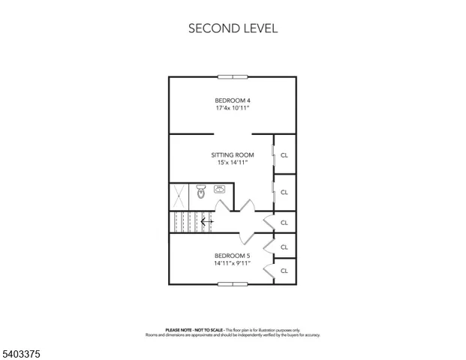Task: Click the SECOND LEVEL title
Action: [x=233, y=29]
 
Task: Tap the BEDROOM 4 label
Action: [x=232, y=100]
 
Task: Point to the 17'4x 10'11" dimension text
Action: [x=232, y=109]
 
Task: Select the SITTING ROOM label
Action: [x=232, y=155]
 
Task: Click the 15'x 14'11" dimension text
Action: [x=232, y=163]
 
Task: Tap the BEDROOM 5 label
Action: [x=232, y=256]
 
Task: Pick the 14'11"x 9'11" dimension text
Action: [x=232, y=263]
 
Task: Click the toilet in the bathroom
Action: [x=201, y=192]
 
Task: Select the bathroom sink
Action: [x=221, y=190]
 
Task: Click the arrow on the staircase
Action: [x=207, y=222]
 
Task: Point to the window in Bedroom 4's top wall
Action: [x=233, y=76]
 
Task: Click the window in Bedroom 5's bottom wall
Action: [x=233, y=284]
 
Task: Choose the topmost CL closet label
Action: [x=284, y=155]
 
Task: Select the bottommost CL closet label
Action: [x=284, y=271]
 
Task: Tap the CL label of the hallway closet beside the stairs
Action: [x=284, y=223]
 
